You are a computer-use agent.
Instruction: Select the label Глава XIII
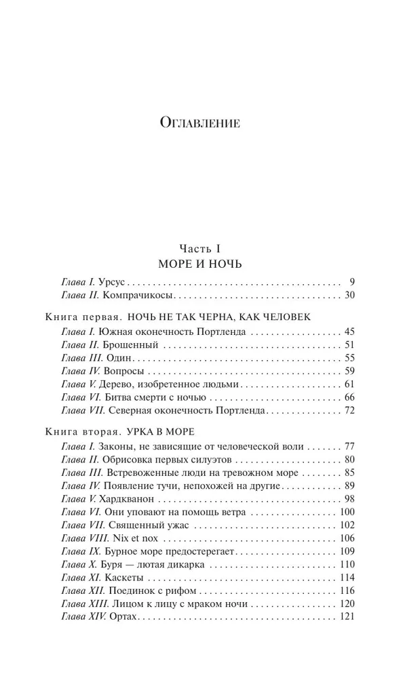click(81, 603)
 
